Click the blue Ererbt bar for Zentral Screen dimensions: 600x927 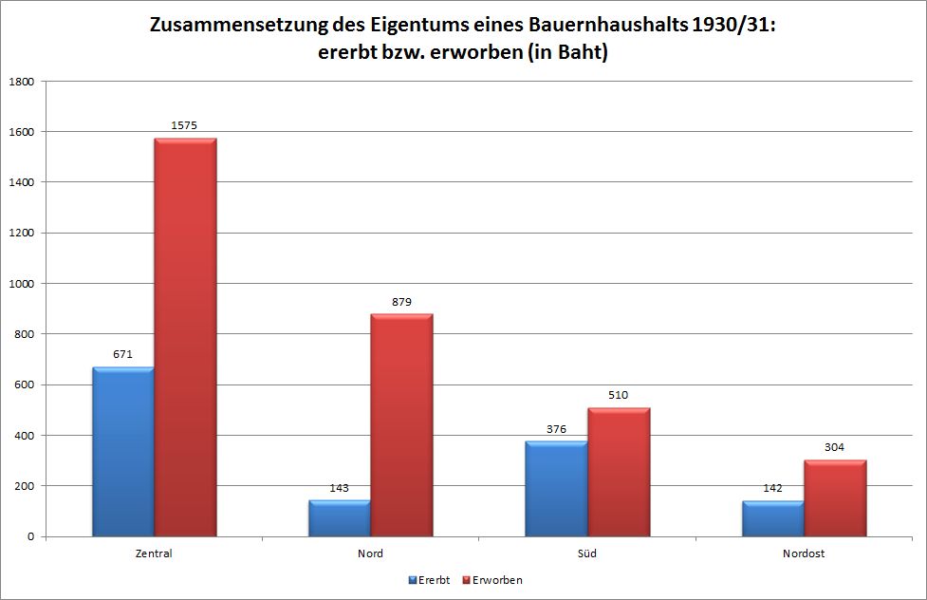click(123, 452)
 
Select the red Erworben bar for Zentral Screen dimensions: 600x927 click(185, 338)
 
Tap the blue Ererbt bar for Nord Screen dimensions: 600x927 click(340, 518)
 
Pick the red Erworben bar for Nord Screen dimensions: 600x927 click(401, 425)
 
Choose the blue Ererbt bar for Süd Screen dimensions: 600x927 click(557, 489)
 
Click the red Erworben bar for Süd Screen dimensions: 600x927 click(619, 472)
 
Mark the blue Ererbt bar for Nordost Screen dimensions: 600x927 click(773, 518)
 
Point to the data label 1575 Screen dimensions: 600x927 click(184, 125)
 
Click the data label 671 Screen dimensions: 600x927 click(123, 354)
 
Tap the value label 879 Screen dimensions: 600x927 click(401, 302)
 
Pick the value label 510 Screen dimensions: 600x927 click(619, 395)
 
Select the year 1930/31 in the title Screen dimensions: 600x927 click(729, 27)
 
